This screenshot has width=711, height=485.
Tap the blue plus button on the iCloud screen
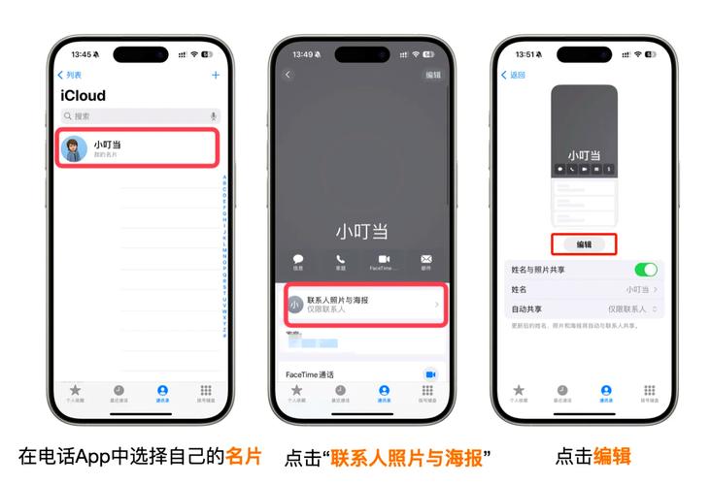coord(216,75)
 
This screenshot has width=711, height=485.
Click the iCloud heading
coord(83,95)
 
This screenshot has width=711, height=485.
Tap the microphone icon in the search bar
coord(213,115)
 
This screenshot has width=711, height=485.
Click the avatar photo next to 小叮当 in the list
coord(74,148)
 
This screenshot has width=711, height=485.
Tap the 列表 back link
coord(70,75)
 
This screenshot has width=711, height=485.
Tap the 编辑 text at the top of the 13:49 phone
coord(433,75)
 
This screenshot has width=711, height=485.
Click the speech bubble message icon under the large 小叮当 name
coord(298,259)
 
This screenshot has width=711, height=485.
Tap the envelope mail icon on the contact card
coord(425,259)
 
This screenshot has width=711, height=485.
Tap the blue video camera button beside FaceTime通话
coord(430,373)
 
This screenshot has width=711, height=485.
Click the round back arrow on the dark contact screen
coord(288,75)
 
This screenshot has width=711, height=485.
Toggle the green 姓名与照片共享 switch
coord(646,270)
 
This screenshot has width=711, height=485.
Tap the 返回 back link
coord(514,75)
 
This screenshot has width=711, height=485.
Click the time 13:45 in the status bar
coord(82,54)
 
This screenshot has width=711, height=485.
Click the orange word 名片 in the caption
coord(245,455)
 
